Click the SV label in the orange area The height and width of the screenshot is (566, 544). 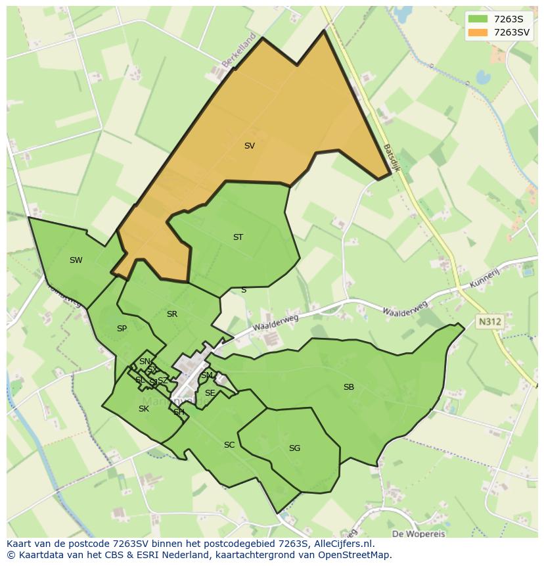tap(249, 146)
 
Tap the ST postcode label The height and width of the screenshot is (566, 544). tap(238, 237)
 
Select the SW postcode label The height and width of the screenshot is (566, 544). tap(76, 260)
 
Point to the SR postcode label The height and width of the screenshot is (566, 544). tap(172, 314)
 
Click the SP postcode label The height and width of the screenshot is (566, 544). tap(122, 329)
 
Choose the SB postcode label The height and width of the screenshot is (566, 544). tap(349, 387)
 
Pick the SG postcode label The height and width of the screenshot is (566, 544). tap(294, 448)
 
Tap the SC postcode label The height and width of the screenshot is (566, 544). tap(229, 445)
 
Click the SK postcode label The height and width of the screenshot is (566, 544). tap(144, 409)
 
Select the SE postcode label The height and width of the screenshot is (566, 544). tap(210, 393)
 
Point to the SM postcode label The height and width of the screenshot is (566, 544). tap(207, 375)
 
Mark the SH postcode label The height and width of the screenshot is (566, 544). tap(179, 412)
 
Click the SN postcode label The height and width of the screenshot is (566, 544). tap(145, 362)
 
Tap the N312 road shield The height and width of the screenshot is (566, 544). tap(489, 322)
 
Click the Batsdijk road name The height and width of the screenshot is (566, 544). tap(392, 158)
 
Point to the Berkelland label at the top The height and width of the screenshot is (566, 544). tap(238, 51)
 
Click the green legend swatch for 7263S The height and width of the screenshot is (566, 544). tap(478, 19)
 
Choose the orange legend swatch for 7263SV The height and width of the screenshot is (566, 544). tap(478, 32)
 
